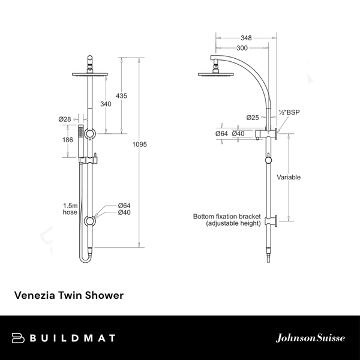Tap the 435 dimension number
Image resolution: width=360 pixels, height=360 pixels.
(122, 96)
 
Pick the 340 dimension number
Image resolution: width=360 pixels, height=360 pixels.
(106, 104)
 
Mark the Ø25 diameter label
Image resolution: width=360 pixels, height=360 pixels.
(253, 117)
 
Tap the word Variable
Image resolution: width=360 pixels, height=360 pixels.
(289, 177)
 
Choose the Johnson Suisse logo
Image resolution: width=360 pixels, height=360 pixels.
(310, 338)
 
